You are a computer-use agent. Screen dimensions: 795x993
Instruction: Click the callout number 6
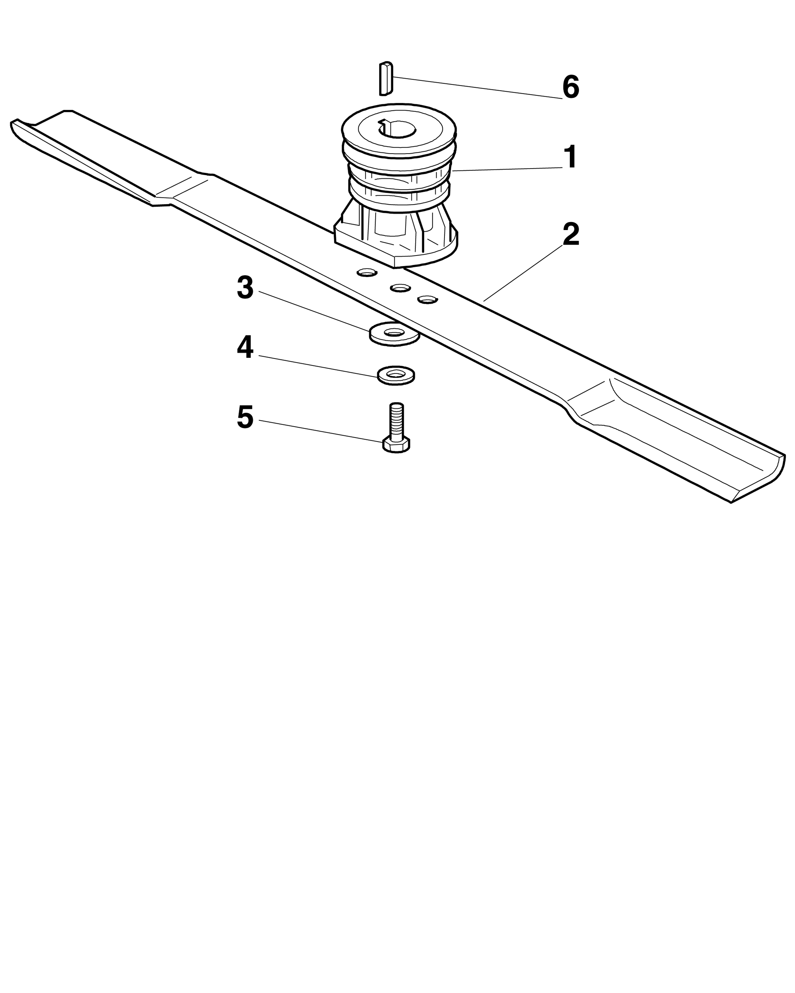pos(570,87)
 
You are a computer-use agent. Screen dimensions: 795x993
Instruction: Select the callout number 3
pos(245,288)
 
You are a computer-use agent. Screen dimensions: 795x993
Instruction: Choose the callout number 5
pos(245,417)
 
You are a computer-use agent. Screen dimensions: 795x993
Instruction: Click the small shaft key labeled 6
pos(386,78)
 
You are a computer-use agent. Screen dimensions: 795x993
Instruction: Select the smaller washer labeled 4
pos(396,375)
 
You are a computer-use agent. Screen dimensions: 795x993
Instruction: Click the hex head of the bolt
pos(397,445)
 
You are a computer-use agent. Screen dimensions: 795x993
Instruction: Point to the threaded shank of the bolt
pos(397,420)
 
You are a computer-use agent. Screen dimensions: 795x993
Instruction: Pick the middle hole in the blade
pos(400,288)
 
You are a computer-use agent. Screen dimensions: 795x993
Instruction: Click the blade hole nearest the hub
pos(367,273)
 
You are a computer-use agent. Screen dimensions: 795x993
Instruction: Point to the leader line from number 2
pos(523,273)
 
